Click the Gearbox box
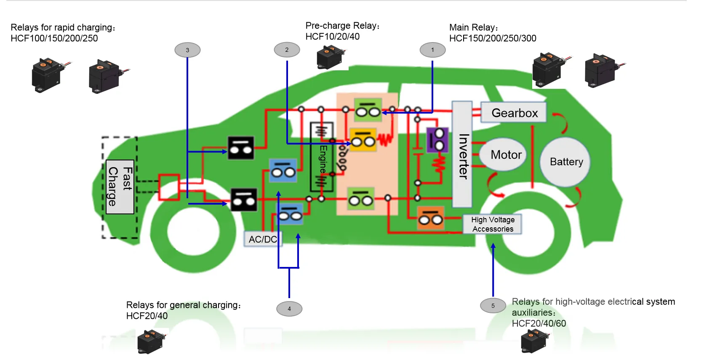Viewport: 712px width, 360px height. (x=514, y=113)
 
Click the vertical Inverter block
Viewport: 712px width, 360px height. (x=462, y=155)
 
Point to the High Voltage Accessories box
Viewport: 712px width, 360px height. (x=492, y=224)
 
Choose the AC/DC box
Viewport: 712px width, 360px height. (x=263, y=239)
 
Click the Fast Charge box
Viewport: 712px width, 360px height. (x=120, y=187)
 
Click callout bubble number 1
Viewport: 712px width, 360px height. (x=432, y=50)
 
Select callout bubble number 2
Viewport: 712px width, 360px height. (x=287, y=50)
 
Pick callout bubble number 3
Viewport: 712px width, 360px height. (x=187, y=50)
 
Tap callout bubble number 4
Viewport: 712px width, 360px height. (x=289, y=309)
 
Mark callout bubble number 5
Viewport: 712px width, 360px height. (x=493, y=306)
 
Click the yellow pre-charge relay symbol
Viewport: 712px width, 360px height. (x=363, y=140)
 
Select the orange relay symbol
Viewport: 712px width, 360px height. (x=430, y=218)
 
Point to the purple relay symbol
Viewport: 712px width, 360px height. (x=438, y=140)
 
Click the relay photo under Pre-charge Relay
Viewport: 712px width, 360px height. (x=331, y=57)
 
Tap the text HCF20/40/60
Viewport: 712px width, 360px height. (x=539, y=323)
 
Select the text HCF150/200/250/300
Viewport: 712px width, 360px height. (x=493, y=38)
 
